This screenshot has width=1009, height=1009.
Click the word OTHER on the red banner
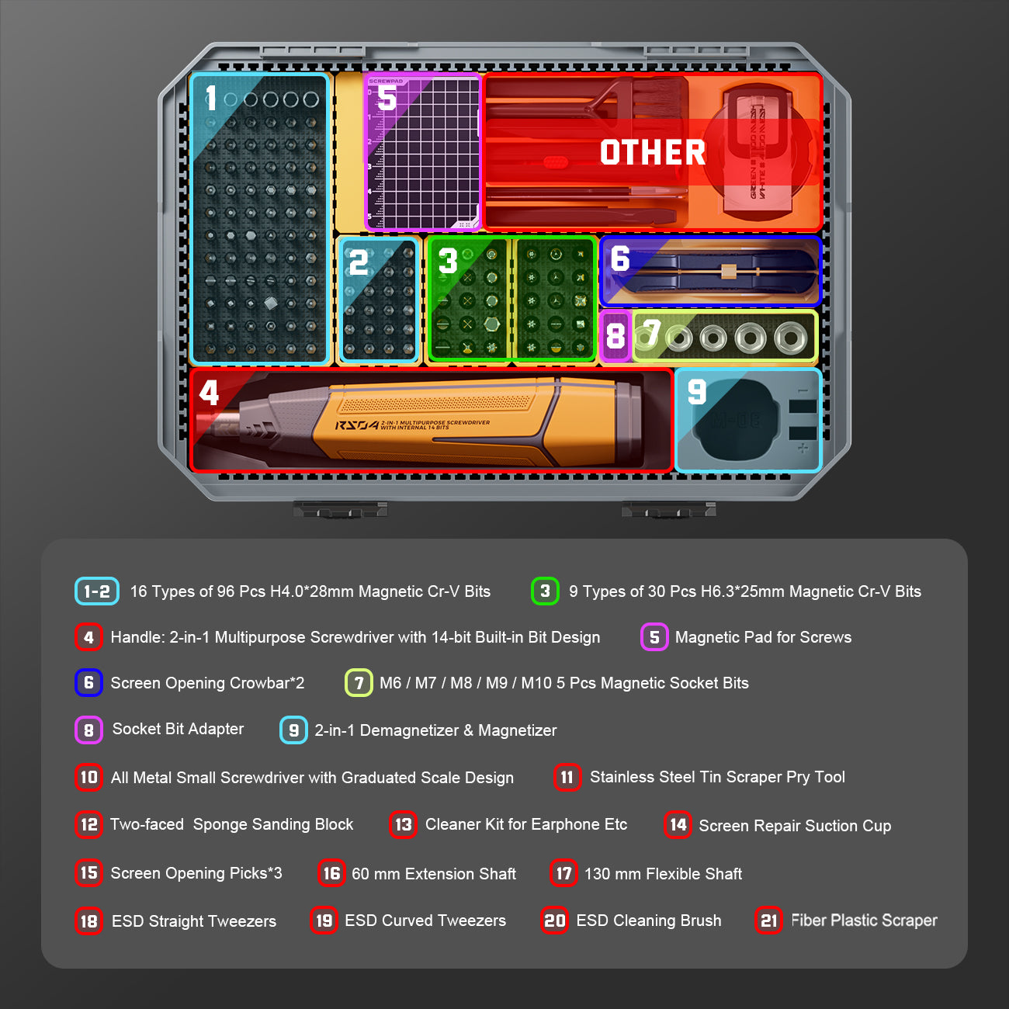click(x=653, y=152)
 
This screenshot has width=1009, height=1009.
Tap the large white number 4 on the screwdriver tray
click(x=209, y=393)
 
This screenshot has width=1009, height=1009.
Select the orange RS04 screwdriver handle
click(x=435, y=422)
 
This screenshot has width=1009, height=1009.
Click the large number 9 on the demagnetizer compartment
click(x=697, y=392)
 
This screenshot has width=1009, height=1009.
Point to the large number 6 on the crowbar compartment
click(x=620, y=258)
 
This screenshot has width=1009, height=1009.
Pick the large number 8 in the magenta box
click(x=615, y=335)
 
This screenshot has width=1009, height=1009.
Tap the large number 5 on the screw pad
click(x=387, y=98)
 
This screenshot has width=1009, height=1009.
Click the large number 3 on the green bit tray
click(x=448, y=261)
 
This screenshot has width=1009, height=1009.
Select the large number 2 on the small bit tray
click(x=359, y=262)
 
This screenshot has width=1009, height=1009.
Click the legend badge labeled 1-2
click(x=97, y=591)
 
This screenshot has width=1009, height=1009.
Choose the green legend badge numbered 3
click(x=545, y=591)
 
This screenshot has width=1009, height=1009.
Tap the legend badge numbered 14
click(x=678, y=825)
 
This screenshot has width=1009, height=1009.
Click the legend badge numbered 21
click(x=768, y=920)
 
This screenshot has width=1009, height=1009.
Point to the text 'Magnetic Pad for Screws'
click(x=763, y=637)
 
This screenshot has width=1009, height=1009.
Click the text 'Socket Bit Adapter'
click(x=178, y=729)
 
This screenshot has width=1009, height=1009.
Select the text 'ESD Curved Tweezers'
click(x=425, y=921)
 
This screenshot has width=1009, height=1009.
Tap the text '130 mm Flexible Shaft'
click(x=663, y=874)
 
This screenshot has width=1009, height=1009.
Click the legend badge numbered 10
click(x=89, y=778)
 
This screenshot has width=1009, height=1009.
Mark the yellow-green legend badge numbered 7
click(x=359, y=683)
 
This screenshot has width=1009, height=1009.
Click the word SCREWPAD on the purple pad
click(x=386, y=81)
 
